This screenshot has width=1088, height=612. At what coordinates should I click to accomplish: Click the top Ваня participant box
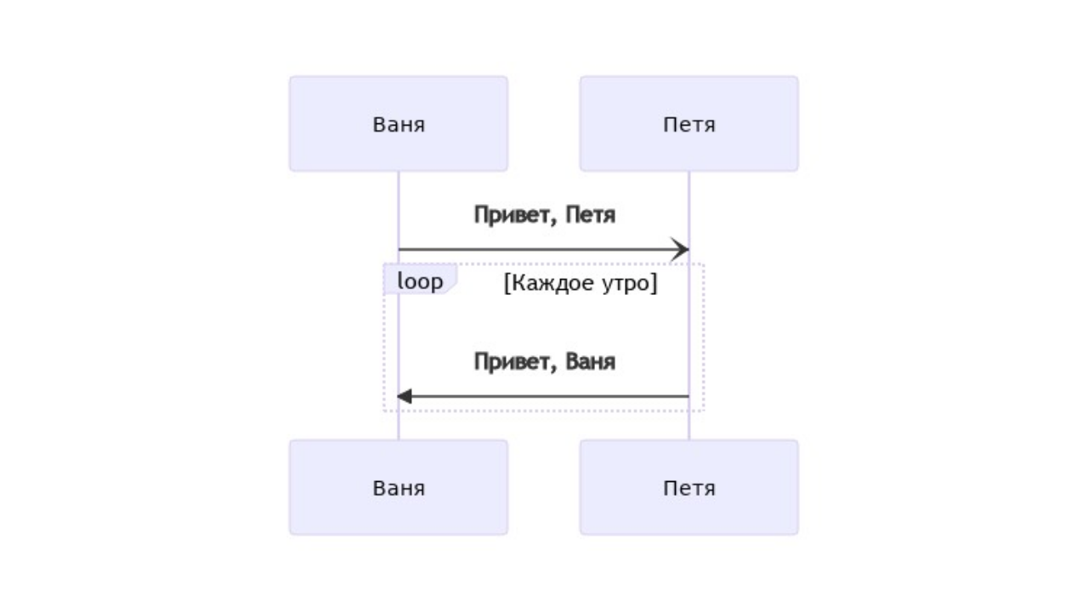tap(398, 124)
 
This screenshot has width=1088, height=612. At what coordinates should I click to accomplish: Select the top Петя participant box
tap(688, 124)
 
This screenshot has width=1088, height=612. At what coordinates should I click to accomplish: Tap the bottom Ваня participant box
tap(398, 487)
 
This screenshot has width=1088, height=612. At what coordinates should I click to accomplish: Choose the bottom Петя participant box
tap(688, 487)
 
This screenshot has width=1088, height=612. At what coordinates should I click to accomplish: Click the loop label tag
tap(420, 280)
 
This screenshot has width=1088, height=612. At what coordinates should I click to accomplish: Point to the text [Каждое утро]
tap(581, 283)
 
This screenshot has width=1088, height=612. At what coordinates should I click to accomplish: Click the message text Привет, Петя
tap(544, 215)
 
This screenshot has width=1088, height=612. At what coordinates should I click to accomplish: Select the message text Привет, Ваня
tap(544, 362)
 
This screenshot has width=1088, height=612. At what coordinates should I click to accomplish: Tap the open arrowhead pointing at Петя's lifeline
tap(681, 250)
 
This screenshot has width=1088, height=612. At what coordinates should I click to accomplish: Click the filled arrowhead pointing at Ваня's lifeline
tap(405, 396)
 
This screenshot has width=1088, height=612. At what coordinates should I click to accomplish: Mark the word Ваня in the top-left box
tap(398, 125)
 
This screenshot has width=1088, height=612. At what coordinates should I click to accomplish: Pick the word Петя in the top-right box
tap(688, 125)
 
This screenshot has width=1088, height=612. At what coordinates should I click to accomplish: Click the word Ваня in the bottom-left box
tap(398, 488)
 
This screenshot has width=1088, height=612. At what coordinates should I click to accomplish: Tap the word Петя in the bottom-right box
tap(688, 488)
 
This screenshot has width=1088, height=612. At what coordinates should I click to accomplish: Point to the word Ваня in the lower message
tap(590, 362)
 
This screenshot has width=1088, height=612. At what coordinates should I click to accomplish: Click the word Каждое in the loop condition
tap(548, 283)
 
